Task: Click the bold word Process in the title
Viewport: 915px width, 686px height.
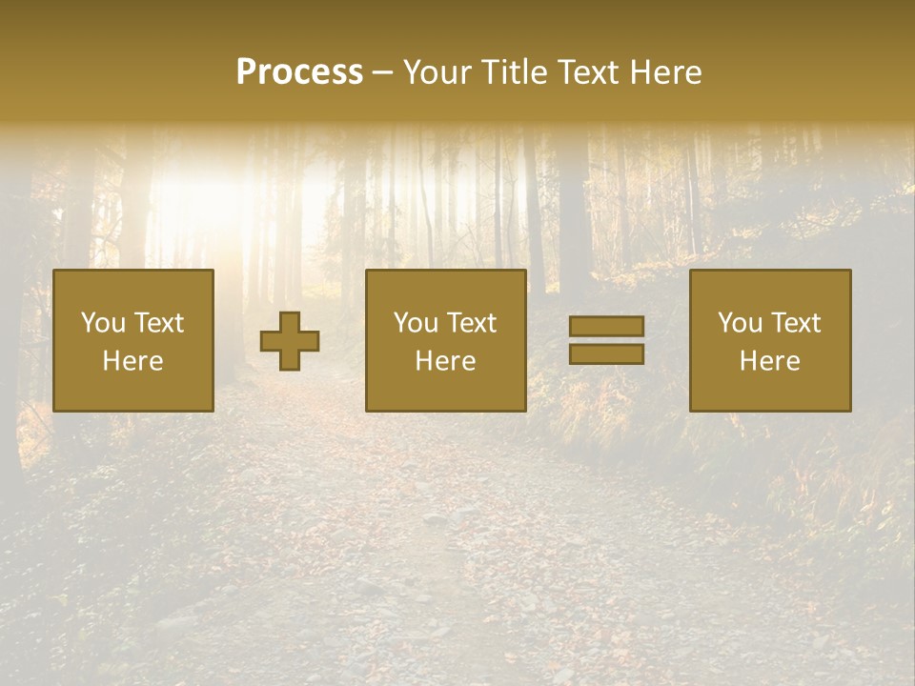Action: tap(299, 72)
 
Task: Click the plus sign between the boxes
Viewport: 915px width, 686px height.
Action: tap(290, 341)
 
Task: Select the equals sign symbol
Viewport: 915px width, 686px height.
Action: tap(606, 340)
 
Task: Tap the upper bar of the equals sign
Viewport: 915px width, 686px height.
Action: tap(606, 327)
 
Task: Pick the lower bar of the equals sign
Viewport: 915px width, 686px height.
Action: tap(606, 353)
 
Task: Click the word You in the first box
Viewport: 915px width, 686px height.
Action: tap(101, 323)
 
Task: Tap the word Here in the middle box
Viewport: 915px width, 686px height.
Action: tap(446, 361)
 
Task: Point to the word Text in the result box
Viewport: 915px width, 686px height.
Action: tap(794, 323)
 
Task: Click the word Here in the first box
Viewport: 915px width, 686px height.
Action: tap(133, 361)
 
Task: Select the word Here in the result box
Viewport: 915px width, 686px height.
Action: tap(770, 361)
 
